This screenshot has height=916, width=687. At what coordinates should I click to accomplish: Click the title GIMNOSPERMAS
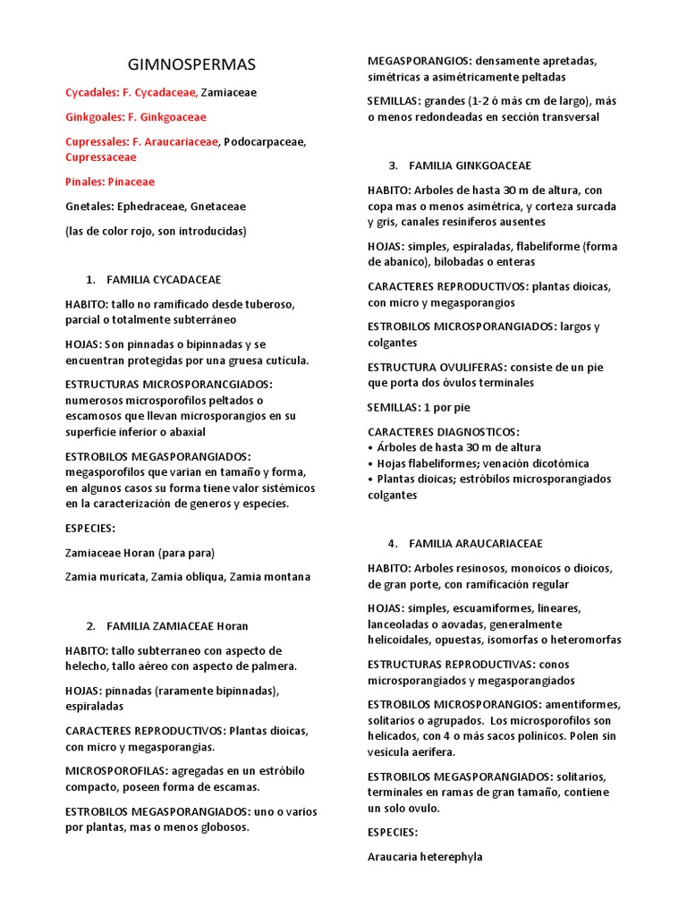point(192,64)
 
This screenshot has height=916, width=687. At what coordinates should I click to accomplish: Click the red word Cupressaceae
point(101,157)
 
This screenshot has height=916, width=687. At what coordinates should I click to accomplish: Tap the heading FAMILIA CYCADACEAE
point(164,280)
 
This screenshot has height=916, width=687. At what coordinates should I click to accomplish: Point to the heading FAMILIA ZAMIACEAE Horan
point(177,625)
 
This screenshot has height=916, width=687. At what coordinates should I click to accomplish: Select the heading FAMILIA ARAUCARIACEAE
point(476,543)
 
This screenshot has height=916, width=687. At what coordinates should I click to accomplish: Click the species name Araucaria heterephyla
point(425,856)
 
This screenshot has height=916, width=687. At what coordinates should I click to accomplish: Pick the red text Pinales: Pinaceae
point(110,182)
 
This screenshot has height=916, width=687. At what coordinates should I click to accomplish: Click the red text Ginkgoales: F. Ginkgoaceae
point(136,117)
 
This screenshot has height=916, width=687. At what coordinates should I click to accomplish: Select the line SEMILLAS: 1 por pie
point(419,407)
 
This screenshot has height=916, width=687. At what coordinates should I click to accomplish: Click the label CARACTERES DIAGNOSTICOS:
point(444,431)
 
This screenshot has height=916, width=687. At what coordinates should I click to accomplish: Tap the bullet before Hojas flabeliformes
point(370,463)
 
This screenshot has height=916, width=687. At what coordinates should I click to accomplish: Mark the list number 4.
point(393,543)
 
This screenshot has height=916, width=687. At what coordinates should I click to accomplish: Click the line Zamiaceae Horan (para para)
point(140,552)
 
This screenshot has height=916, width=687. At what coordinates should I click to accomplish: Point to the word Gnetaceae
point(218,206)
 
